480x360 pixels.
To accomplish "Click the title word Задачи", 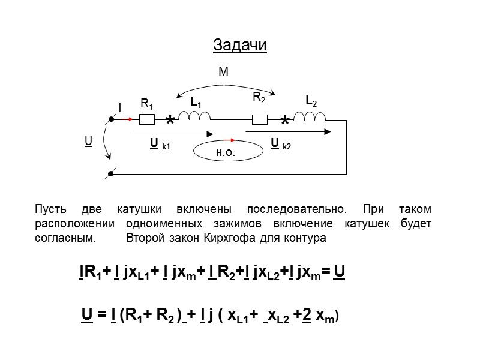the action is point(239,46).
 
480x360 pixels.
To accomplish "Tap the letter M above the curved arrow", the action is point(223,72).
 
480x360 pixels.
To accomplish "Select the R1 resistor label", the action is point(146,104).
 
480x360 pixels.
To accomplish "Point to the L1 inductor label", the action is point(196,103).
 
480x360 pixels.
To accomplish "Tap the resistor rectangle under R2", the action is point(260,119).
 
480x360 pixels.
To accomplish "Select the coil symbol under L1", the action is point(194,116).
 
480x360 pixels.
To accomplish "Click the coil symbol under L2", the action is point(310,116).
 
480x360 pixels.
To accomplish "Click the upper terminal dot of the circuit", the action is point(111,120).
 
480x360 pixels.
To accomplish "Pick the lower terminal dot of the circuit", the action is point(111,175).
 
